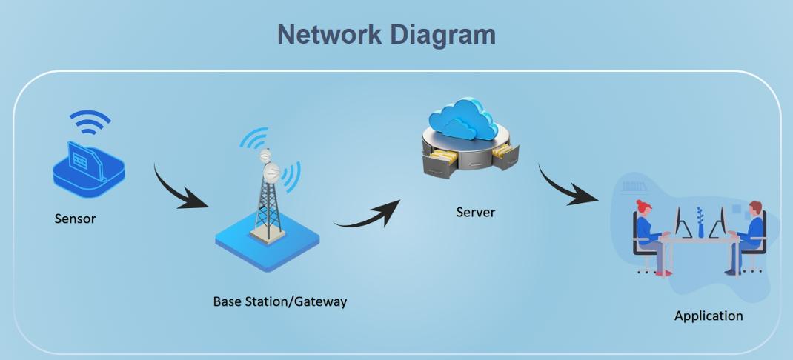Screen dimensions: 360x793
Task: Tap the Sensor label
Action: [x=75, y=219]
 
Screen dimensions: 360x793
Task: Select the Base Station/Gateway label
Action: [x=279, y=301]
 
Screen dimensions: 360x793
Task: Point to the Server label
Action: [x=475, y=213]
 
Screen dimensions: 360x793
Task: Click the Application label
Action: [x=708, y=316]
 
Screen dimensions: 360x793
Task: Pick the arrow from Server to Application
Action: [x=566, y=186]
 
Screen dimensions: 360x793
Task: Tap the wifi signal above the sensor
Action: [x=90, y=123]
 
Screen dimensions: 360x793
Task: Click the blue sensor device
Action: [x=88, y=170]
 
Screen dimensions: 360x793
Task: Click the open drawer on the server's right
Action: [x=505, y=155]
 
